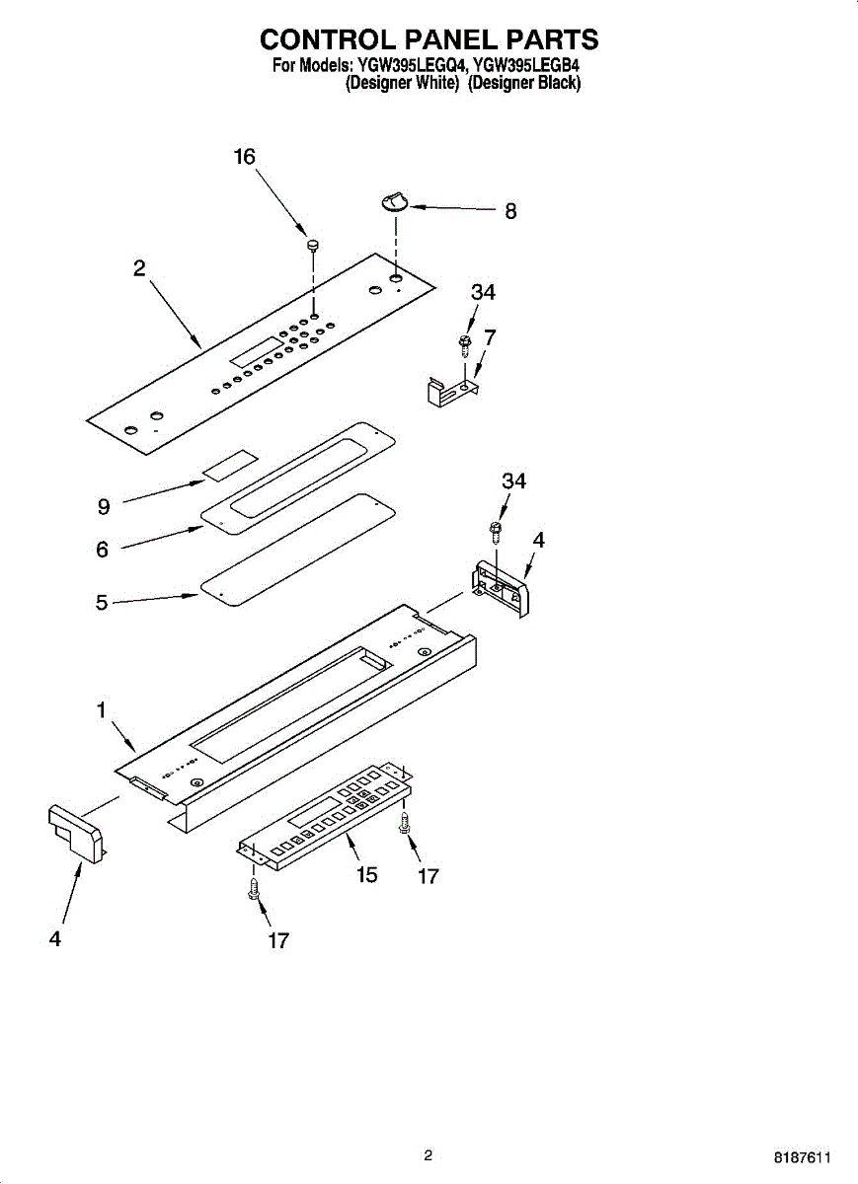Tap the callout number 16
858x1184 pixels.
coord(245,157)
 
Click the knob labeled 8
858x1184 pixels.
coord(394,203)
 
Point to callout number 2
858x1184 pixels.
coord(139,268)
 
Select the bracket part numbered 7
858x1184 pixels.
coord(452,391)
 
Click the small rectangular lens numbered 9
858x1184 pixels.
coord(231,466)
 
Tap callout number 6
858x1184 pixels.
coord(102,550)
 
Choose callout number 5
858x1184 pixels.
coord(102,602)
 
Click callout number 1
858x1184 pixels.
coord(101,710)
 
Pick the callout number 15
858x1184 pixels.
coord(366,875)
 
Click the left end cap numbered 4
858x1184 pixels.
coord(75,834)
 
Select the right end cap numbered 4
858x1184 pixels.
coord(500,589)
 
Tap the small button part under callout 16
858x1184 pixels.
coord(314,245)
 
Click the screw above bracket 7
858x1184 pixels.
coord(465,345)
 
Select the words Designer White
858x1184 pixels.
coord(402,83)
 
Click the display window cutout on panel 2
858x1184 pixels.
coord(256,351)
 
